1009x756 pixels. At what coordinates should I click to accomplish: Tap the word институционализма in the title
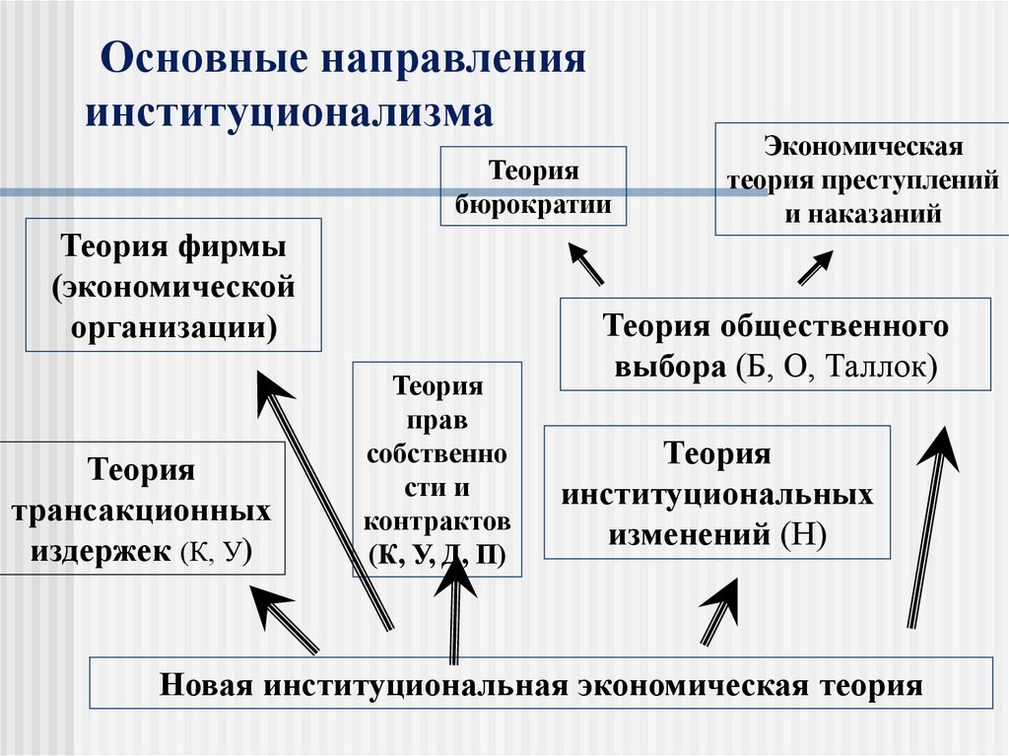[x=290, y=110]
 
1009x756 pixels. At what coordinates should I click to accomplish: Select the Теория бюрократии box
[x=533, y=188]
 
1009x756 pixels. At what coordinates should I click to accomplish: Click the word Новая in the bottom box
[x=204, y=685]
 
